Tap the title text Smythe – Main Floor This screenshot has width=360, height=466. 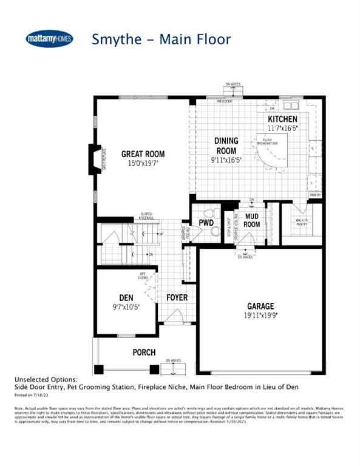pos(161,39)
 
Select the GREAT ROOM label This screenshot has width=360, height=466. pos(143,154)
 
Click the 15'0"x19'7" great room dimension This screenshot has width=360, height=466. pos(143,163)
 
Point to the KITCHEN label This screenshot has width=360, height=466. pos(283,120)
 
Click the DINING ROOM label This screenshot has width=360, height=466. pos(226,146)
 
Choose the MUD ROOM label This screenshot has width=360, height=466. pos(252,220)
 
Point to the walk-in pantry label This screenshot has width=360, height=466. pos(302,223)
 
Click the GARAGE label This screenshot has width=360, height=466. pos(260,306)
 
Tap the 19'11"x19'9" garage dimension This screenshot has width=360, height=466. pos(260,315)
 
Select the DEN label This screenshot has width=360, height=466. pos(126,298)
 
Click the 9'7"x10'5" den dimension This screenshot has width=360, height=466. pos(126,307)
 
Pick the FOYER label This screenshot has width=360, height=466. pos(177,298)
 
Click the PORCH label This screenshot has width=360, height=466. pos(144,353)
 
